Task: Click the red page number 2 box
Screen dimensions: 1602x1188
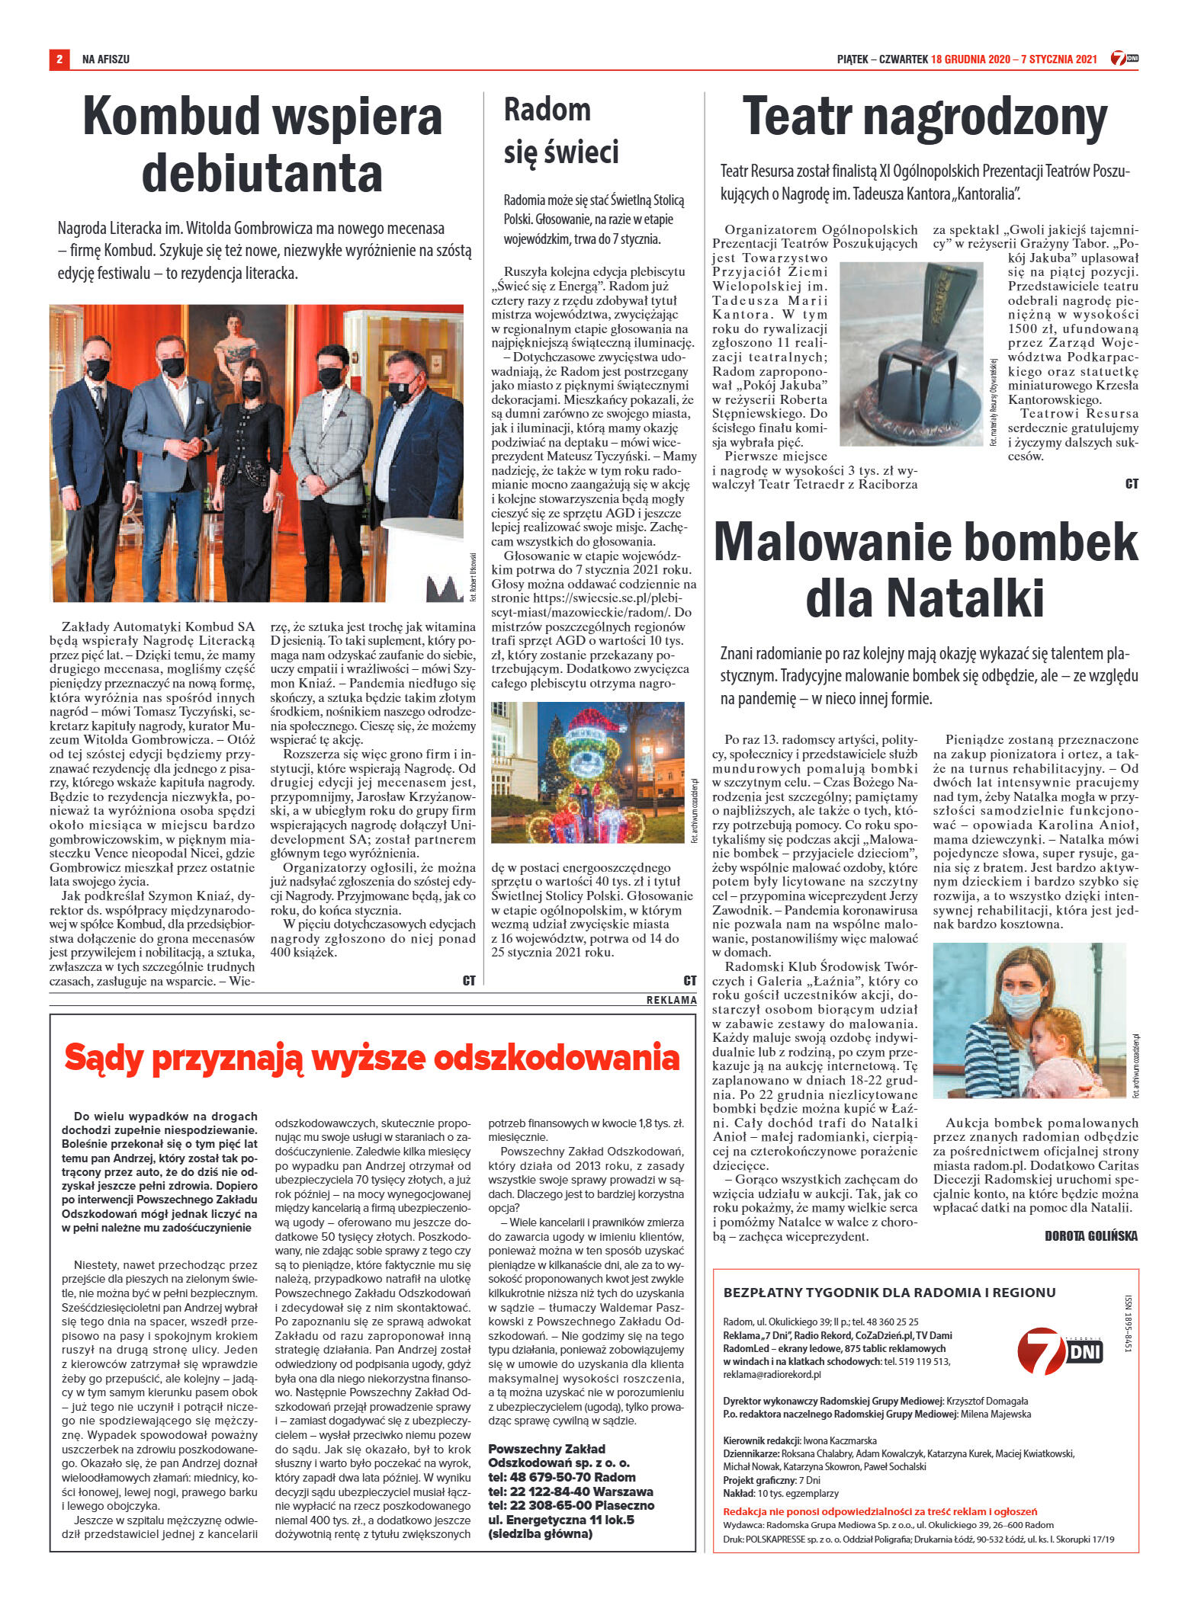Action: (x=59, y=59)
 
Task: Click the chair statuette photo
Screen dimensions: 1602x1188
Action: (x=912, y=355)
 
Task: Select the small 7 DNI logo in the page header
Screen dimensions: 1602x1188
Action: (x=1124, y=59)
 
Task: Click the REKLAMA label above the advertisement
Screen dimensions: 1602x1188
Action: (x=671, y=1000)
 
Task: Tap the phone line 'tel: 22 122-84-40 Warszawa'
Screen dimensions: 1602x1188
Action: (x=570, y=1491)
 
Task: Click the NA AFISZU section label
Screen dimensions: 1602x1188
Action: (x=106, y=59)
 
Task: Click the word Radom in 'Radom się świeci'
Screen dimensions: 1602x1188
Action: (x=547, y=110)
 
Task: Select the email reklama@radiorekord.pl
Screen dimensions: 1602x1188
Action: (x=772, y=1374)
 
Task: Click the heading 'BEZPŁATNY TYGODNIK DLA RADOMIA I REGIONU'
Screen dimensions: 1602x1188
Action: (x=889, y=1293)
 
